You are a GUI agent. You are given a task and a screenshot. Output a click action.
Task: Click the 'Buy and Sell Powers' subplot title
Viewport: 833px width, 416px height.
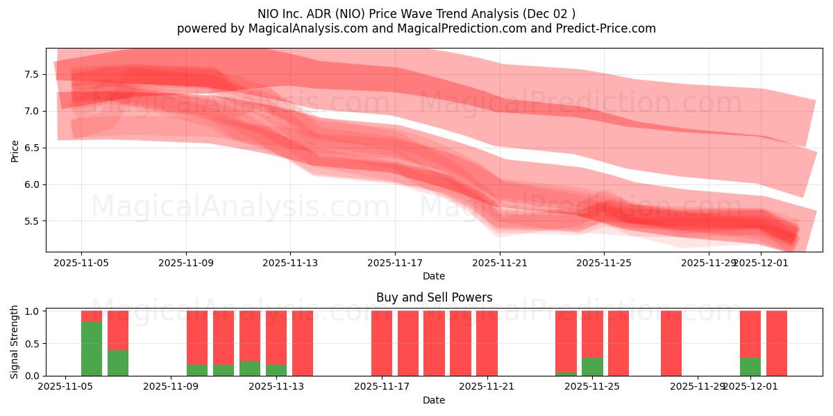coord(434,297)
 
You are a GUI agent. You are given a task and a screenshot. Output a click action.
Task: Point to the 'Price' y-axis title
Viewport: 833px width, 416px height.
coord(15,150)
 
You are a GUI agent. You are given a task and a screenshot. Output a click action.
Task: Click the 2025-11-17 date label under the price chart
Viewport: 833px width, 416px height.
coord(395,263)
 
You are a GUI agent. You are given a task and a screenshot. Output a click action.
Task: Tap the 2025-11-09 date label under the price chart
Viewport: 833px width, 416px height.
coord(186,263)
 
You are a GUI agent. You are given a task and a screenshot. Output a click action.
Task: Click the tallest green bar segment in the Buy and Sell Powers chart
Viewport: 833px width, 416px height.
coord(92,349)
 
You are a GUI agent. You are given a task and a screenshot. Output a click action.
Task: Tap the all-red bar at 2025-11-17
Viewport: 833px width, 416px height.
coord(382,343)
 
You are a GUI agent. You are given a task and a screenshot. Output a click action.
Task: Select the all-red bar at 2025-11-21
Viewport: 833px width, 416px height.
coord(487,343)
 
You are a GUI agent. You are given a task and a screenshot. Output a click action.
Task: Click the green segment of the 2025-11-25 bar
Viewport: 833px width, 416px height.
coord(592,367)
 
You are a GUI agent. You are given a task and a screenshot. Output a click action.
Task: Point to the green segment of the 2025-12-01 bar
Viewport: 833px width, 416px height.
coord(750,367)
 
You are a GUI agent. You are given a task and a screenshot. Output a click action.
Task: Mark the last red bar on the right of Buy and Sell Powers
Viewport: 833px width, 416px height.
coord(777,343)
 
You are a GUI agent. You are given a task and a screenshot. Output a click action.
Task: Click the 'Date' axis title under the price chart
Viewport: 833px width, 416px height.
coord(434,276)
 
